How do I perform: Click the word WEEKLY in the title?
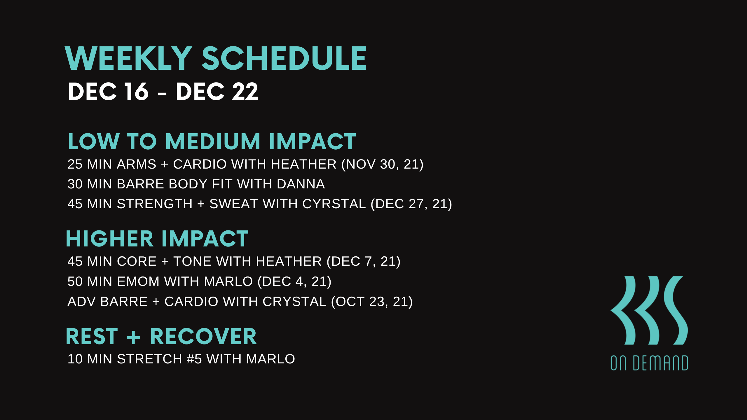[128, 59]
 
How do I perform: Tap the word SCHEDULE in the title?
[284, 59]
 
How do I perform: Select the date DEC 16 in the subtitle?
[108, 92]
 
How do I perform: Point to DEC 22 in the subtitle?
[217, 92]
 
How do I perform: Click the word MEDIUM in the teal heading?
[212, 142]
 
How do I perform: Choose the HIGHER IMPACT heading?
[157, 239]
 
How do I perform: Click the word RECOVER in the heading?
[203, 337]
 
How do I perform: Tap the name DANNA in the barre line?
[301, 184]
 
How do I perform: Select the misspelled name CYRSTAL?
[334, 204]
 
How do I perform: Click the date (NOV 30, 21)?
[382, 164]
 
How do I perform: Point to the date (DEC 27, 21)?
[411, 204]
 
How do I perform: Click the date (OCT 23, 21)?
[372, 302]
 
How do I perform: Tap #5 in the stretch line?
[194, 359]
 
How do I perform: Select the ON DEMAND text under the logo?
[649, 363]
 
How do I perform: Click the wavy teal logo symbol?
[649, 310]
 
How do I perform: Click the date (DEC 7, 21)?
[363, 261]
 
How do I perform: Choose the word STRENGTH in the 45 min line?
[155, 204]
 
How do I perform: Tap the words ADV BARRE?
[107, 302]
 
